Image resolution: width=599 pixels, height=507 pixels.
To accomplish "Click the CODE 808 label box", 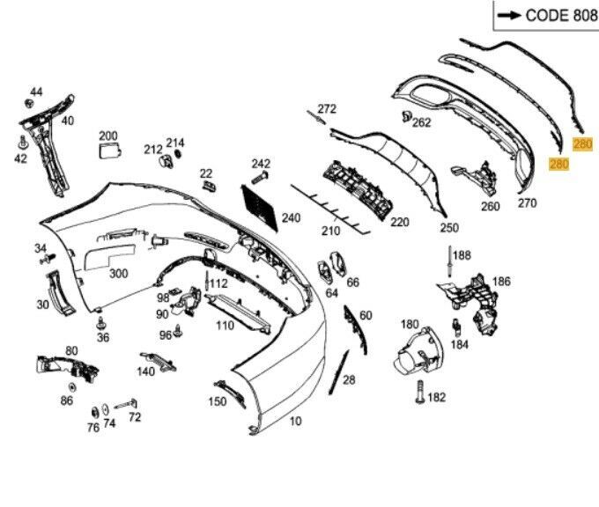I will pos(544,16).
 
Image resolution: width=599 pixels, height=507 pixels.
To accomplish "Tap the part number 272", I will pos(327,109).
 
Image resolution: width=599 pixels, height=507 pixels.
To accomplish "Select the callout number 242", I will pos(261,164).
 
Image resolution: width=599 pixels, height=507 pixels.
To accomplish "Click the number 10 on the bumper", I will pos(295,422).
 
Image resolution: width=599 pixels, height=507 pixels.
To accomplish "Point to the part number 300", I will pos(118,273).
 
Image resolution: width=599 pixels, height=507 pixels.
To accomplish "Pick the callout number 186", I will pos(501,282).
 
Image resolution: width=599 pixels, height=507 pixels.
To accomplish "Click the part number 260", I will pos(490,207).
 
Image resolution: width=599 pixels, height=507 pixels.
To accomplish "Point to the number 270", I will pos(527,203).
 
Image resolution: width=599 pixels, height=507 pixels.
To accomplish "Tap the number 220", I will pos(400,222).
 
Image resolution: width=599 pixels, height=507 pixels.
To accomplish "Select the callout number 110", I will pos(225,325).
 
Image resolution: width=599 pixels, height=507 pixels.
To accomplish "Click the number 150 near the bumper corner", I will pos(217,401).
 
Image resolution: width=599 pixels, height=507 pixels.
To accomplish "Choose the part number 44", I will pos(36,92).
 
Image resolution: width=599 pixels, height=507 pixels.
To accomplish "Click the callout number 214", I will pos(175,143).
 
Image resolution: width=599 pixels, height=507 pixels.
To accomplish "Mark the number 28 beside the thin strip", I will pos(349,379).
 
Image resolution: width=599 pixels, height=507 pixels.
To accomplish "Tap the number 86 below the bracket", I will pos(67,400).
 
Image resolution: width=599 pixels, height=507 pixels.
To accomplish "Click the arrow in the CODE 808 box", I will pos(508,16).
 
